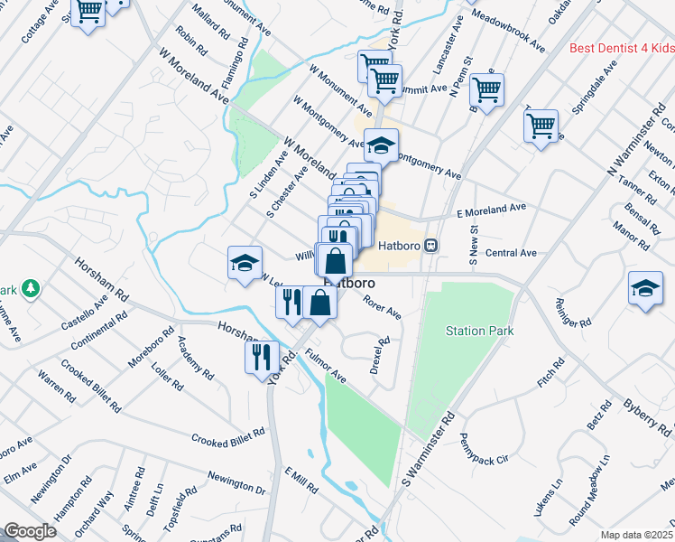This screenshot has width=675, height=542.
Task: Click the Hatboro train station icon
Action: pos(432,245)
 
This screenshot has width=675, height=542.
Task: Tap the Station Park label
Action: pos(479,331)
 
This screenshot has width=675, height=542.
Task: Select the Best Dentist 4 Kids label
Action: pos(622,48)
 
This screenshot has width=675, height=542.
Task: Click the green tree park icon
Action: pos(32,288)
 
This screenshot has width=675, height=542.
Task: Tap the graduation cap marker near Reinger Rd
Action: pos(644,289)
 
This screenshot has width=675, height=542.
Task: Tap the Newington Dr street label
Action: pos(236,486)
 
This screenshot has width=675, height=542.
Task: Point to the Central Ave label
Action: pos(511,253)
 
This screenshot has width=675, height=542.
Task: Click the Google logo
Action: pos(30,531)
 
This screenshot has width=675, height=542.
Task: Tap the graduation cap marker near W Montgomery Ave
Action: pos(381,144)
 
